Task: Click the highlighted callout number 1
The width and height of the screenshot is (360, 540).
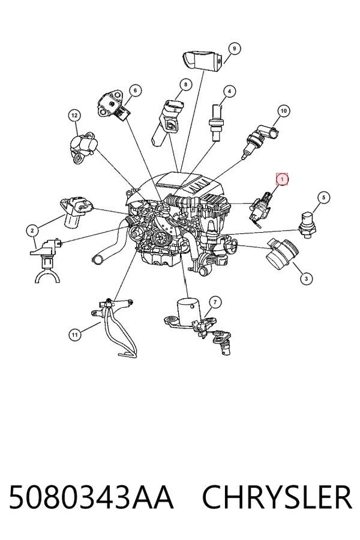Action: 282,179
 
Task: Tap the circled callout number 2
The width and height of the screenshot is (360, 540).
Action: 32,231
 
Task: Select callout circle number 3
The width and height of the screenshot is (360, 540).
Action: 306,278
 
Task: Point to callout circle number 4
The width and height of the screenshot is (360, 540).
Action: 229,92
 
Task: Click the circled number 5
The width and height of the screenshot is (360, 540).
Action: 323,197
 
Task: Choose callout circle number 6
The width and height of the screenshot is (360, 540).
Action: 136,91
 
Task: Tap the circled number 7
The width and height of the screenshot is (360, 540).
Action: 215,302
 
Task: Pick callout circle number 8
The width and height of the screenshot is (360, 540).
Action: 185,85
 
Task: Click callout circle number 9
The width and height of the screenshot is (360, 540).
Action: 234,49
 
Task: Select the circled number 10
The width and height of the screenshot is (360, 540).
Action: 284,111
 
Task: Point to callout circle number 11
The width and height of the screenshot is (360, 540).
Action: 75,334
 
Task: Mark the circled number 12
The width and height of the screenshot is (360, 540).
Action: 74,115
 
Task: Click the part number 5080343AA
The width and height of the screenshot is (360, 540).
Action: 91,497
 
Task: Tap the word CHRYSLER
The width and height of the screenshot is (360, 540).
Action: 277,497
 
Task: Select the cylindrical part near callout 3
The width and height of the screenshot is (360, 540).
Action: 282,254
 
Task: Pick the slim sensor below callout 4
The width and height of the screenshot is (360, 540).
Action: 215,123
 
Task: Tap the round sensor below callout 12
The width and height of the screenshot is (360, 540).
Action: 85,147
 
